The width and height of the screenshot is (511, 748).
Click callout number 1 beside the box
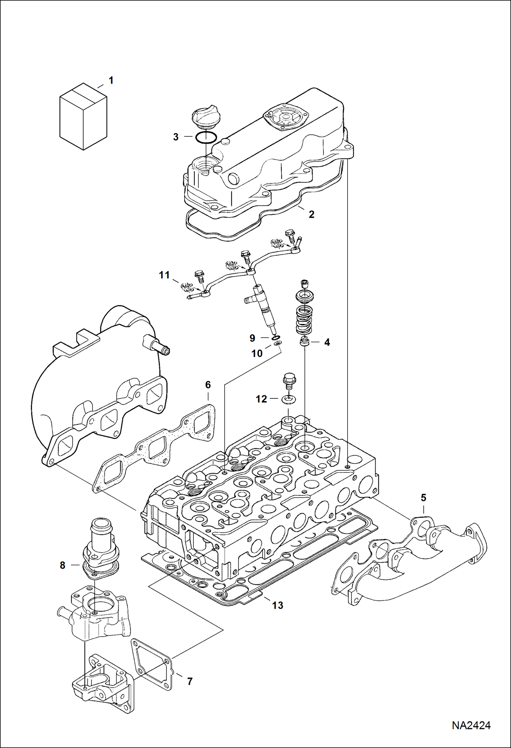tap(111, 80)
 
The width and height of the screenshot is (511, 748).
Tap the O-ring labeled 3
tap(206, 137)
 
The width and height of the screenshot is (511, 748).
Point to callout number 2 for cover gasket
tap(311, 214)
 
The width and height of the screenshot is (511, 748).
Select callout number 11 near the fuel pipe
tap(164, 275)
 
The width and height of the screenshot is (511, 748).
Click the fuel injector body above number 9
tap(267, 307)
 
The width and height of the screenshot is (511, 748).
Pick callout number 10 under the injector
tap(257, 353)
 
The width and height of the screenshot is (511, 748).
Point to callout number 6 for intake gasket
tap(208, 385)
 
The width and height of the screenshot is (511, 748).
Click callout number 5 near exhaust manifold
tap(423, 498)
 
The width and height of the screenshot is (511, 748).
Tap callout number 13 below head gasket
tap(278, 605)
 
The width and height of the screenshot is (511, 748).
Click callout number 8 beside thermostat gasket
tap(62, 565)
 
